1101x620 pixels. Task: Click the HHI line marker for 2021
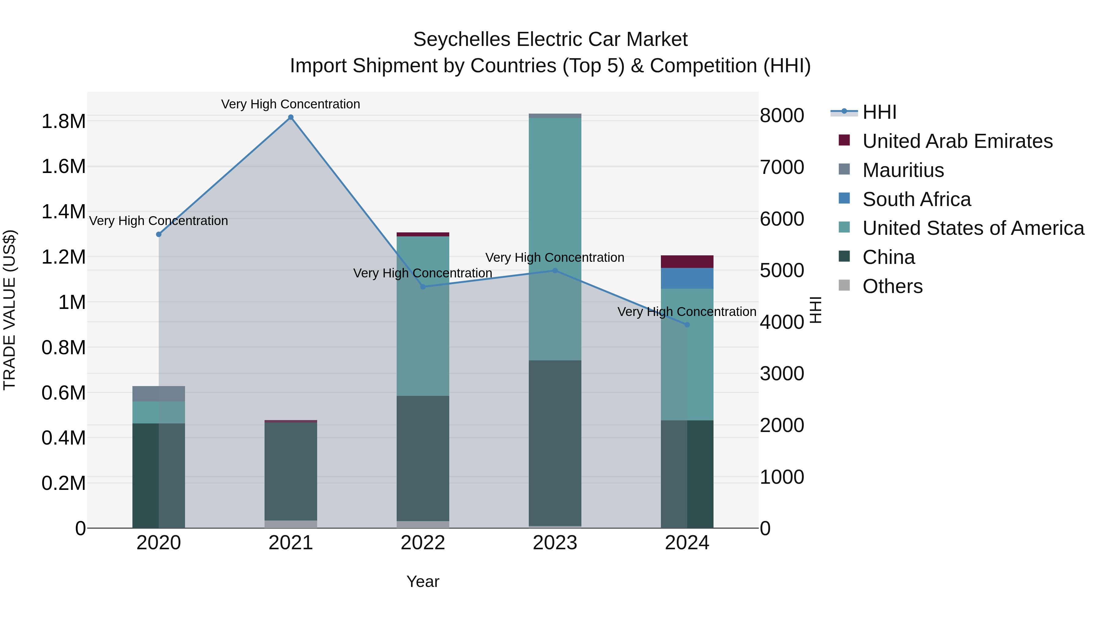[291, 117]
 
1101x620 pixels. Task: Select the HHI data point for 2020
[158, 235]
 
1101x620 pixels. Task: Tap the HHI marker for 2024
[687, 325]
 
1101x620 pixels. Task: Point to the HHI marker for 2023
[555, 270]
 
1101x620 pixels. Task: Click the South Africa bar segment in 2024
[687, 278]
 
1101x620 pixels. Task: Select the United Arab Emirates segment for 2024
[687, 261]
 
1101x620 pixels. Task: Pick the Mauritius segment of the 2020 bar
[158, 394]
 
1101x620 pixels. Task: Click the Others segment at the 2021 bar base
[291, 524]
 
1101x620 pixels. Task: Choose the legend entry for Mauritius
[903, 170]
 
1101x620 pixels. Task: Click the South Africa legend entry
[916, 199]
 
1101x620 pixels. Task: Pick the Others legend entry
[892, 286]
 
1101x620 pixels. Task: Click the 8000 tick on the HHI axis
[782, 115]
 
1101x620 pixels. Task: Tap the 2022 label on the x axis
[423, 543]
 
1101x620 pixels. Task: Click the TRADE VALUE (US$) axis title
[10, 310]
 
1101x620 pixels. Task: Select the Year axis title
[423, 581]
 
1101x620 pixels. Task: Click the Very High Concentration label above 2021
[291, 104]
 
